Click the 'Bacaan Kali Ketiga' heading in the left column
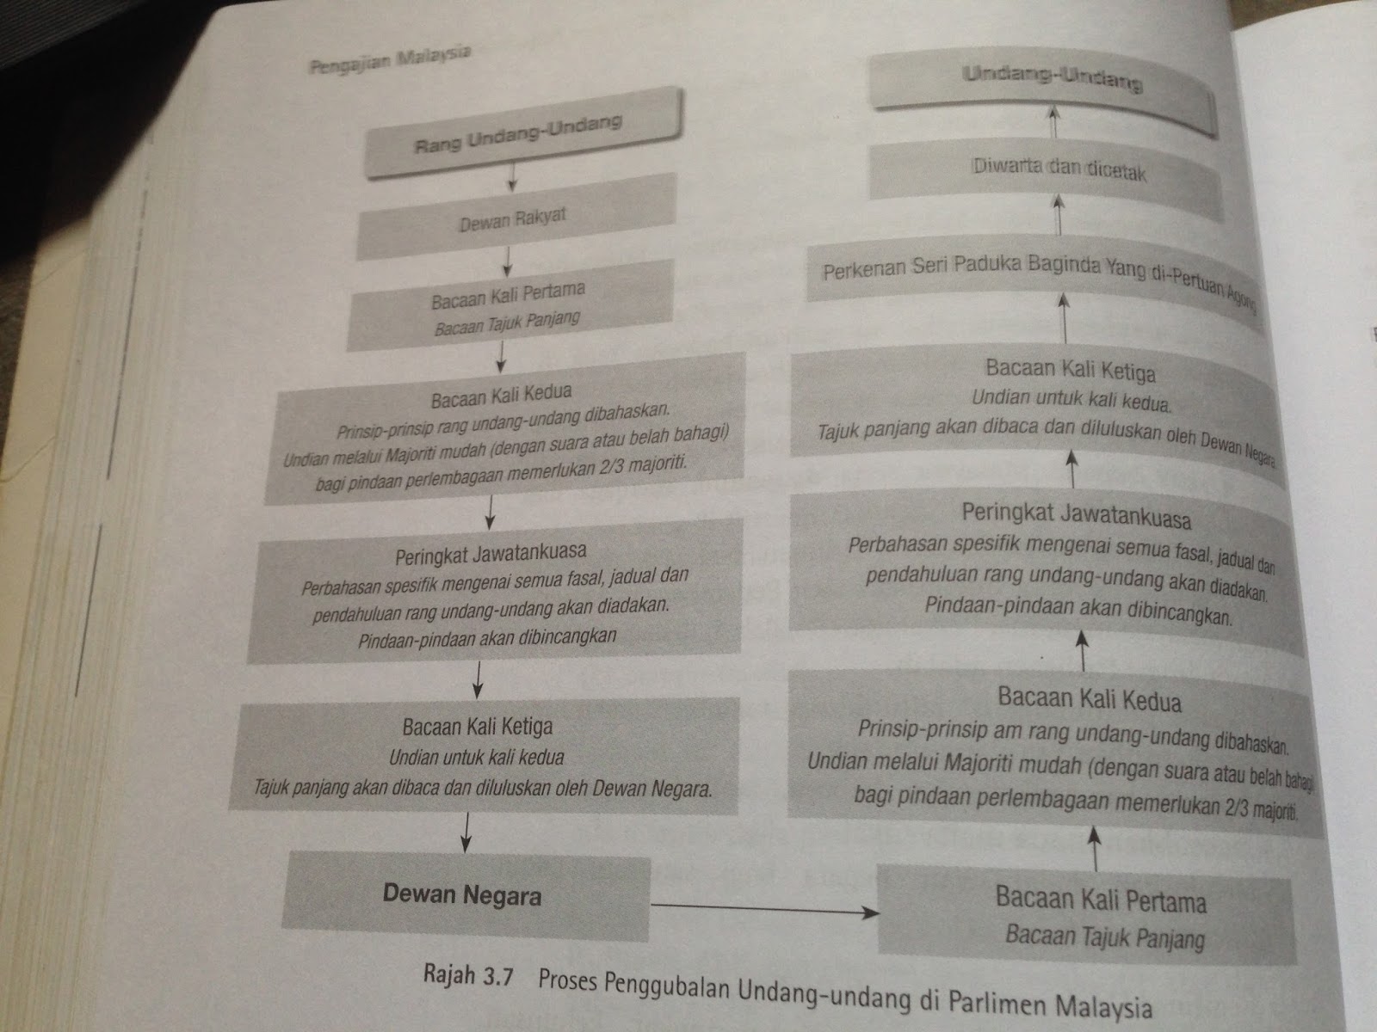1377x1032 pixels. (x=477, y=728)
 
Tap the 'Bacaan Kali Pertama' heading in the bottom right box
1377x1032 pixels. (x=1100, y=900)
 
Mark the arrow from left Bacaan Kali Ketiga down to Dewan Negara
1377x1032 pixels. (x=466, y=832)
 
